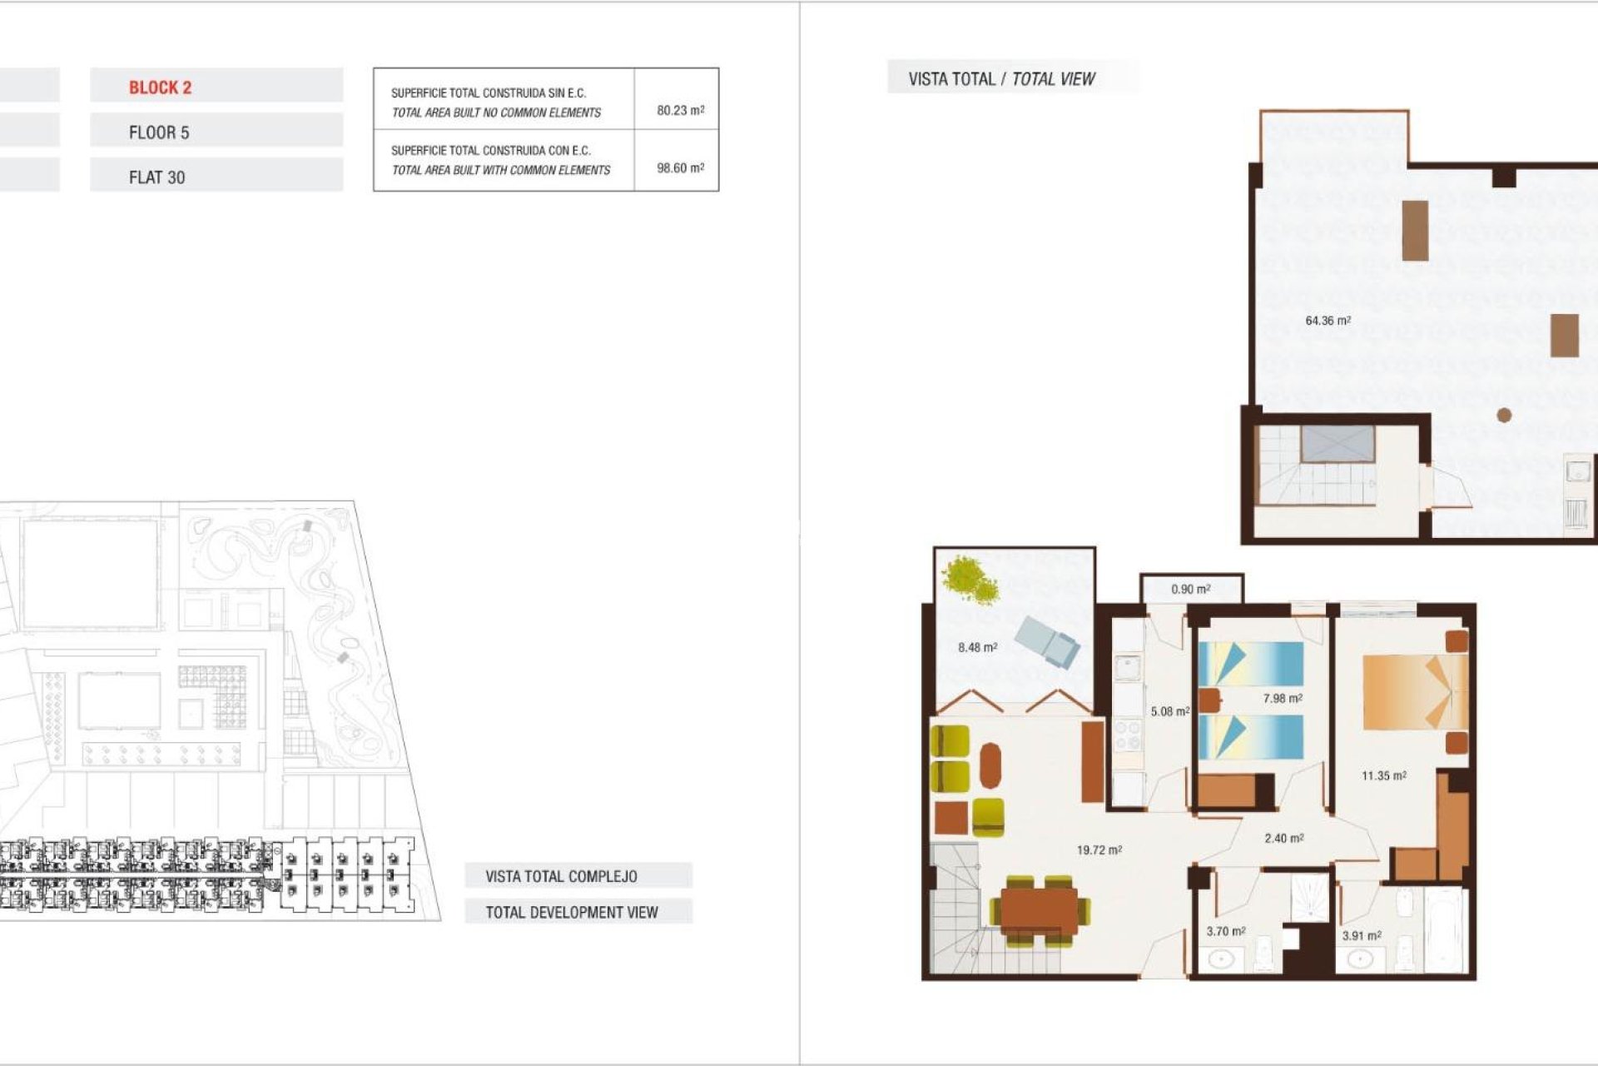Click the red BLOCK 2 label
click(160, 87)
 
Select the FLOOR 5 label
click(159, 132)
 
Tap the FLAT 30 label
click(156, 177)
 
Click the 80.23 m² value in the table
click(680, 110)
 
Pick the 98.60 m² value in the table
click(680, 167)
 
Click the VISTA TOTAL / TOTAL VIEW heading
click(1001, 79)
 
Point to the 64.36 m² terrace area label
click(1328, 321)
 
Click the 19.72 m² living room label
click(1099, 850)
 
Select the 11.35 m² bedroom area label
click(1383, 775)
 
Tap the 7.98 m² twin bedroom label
click(1282, 699)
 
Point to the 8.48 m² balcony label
click(977, 647)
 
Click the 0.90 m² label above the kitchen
click(1190, 589)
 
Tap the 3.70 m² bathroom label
click(1225, 931)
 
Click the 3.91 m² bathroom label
click(1361, 935)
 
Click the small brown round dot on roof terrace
click(1504, 415)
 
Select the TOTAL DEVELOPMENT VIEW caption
click(572, 912)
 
